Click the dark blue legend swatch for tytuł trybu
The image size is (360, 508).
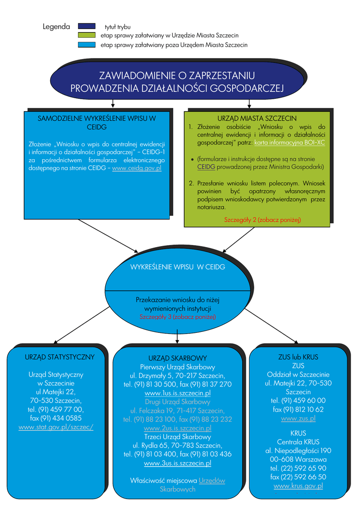pyautogui.click(x=87, y=26)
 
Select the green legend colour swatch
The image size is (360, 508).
pyautogui.click(x=87, y=36)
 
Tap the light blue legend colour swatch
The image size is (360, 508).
pyautogui.click(x=87, y=45)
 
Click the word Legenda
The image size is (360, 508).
pyautogui.click(x=56, y=26)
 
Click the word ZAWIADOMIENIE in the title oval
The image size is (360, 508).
pyautogui.click(x=135, y=76)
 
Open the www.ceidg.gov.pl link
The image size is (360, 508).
pyautogui.click(x=137, y=168)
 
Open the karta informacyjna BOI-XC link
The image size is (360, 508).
pyautogui.click(x=289, y=142)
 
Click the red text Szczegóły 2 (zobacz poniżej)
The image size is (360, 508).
pyautogui.click(x=262, y=219)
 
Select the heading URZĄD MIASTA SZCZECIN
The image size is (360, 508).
pyautogui.click(x=257, y=119)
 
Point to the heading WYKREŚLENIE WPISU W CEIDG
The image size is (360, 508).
pyautogui.click(x=178, y=267)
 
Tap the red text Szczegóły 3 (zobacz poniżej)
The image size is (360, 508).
pyautogui.click(x=177, y=317)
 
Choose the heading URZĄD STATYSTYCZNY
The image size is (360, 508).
pyautogui.click(x=60, y=357)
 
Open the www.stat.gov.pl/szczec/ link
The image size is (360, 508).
pyautogui.click(x=56, y=427)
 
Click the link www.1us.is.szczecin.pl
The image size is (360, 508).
pyautogui.click(x=177, y=393)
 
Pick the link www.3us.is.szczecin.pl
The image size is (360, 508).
pyautogui.click(x=177, y=463)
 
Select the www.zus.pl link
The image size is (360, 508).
pyautogui.click(x=298, y=418)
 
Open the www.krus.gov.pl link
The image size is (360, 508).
pyautogui.click(x=298, y=486)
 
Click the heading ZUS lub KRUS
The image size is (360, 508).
pyautogui.click(x=298, y=357)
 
